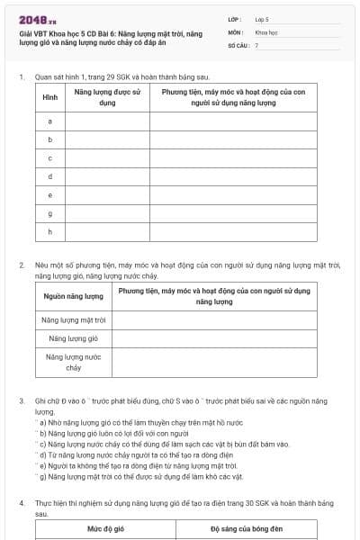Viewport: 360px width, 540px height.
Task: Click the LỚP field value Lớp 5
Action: click(262, 18)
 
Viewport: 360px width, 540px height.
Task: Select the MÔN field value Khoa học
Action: click(265, 31)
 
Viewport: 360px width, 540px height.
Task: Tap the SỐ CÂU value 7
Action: click(256, 44)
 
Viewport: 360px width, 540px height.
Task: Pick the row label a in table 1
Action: click(49, 121)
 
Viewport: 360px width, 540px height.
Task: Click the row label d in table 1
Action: click(49, 175)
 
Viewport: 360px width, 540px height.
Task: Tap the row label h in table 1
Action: click(49, 231)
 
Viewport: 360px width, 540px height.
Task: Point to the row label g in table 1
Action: click(49, 212)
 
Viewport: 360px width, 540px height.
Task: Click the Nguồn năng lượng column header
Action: click(73, 296)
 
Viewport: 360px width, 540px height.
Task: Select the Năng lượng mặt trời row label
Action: click(73, 319)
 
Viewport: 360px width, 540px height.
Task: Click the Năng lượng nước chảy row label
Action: click(73, 362)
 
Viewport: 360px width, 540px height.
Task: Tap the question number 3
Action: click(22, 400)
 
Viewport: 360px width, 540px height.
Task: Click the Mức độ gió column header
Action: click(105, 529)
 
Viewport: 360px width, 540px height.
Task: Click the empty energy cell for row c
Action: click(107, 157)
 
